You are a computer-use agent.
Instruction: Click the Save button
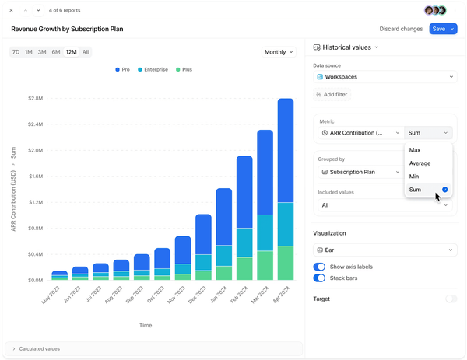pos(438,29)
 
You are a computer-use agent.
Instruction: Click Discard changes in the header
pos(401,29)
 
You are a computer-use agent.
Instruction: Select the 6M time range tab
pos(56,52)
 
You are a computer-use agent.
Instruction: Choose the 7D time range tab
pos(16,52)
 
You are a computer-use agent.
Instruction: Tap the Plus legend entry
pos(183,70)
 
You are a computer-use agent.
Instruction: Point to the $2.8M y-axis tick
pos(35,99)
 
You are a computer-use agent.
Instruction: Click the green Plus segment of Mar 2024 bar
pos(265,265)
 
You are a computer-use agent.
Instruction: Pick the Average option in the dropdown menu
pos(420,163)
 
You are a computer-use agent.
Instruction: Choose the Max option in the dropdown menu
pos(415,149)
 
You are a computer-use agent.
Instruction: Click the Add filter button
pos(332,94)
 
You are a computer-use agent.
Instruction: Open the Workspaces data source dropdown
pos(384,77)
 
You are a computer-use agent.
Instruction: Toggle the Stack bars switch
pos(319,278)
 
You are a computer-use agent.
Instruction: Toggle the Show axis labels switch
pos(319,267)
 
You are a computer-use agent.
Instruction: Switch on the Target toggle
pos(451,299)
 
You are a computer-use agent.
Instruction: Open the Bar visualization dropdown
pos(384,250)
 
